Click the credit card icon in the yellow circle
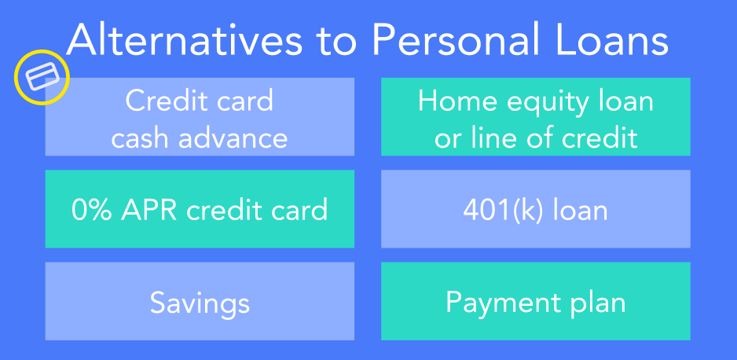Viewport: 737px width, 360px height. click(42, 77)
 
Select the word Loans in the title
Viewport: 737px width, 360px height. click(613, 40)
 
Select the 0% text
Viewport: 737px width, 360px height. click(92, 210)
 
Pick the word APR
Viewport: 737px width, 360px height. click(150, 210)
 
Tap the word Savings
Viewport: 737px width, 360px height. click(200, 303)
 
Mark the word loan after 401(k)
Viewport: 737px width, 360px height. click(580, 210)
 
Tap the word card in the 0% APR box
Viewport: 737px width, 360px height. click(299, 210)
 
